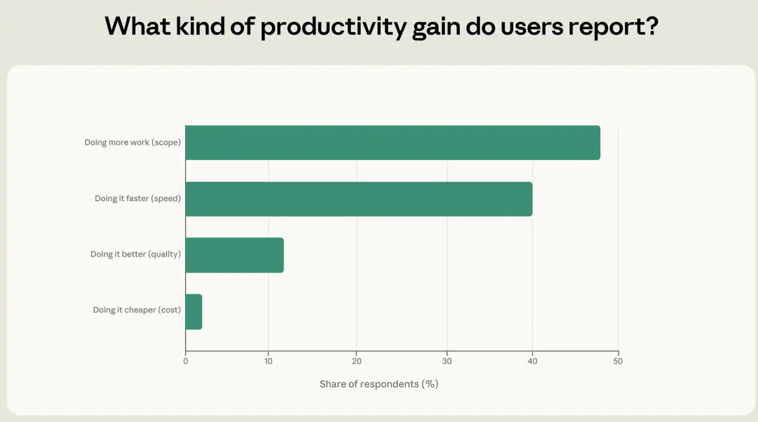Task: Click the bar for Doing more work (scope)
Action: (393, 143)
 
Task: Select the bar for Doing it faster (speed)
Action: (359, 199)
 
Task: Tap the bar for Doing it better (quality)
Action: (234, 255)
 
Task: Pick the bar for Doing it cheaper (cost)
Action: (194, 312)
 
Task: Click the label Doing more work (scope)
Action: (133, 143)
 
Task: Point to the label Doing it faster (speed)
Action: (138, 198)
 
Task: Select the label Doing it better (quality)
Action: (136, 254)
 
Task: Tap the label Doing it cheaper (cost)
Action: (137, 310)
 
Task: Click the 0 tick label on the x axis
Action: (186, 361)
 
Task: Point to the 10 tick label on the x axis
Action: (268, 361)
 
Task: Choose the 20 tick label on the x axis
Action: (357, 361)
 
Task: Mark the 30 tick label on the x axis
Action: (447, 361)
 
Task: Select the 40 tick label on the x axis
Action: (532, 361)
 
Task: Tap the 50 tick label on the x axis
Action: (618, 361)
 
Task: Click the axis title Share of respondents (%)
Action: (379, 384)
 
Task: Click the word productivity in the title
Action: (333, 27)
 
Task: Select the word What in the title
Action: (137, 26)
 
